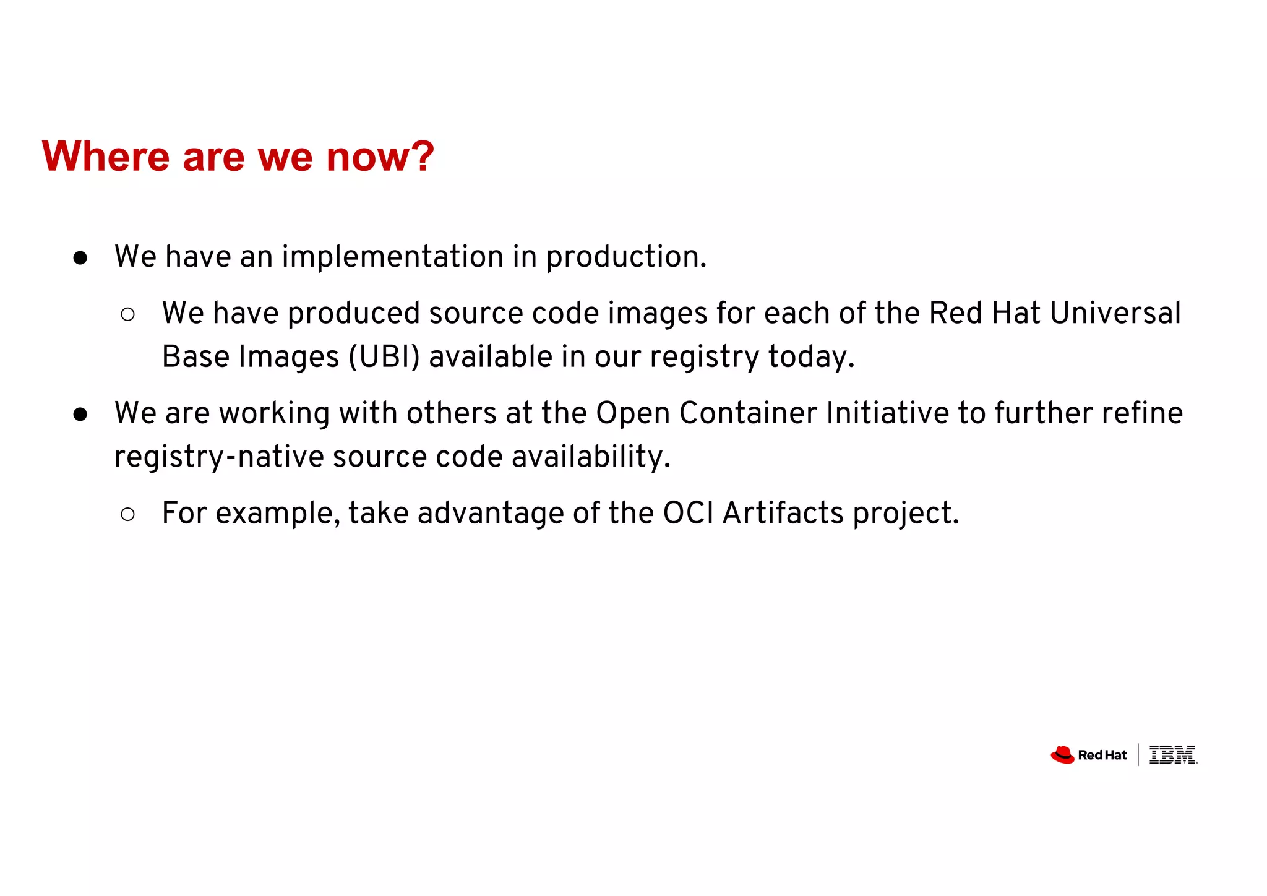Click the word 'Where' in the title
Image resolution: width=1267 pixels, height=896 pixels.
click(105, 157)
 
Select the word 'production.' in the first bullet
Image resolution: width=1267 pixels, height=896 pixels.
click(625, 257)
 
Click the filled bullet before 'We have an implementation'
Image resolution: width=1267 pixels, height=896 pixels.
click(80, 258)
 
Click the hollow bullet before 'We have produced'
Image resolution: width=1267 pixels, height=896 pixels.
click(127, 314)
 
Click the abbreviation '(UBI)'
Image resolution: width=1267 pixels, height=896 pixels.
click(384, 357)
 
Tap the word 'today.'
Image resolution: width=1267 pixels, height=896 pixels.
click(811, 357)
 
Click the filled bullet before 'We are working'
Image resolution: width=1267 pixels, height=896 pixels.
click(80, 415)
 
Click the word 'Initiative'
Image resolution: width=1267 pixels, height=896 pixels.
click(887, 413)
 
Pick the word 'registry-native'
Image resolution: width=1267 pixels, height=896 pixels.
click(219, 457)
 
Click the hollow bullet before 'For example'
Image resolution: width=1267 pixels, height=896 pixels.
click(127, 514)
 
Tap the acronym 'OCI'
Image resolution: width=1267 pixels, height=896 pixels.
click(688, 514)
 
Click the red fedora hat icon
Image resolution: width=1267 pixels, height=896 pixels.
click(1062, 755)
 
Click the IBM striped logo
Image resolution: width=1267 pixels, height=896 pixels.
click(1172, 755)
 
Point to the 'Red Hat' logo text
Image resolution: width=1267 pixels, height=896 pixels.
click(1102, 756)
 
